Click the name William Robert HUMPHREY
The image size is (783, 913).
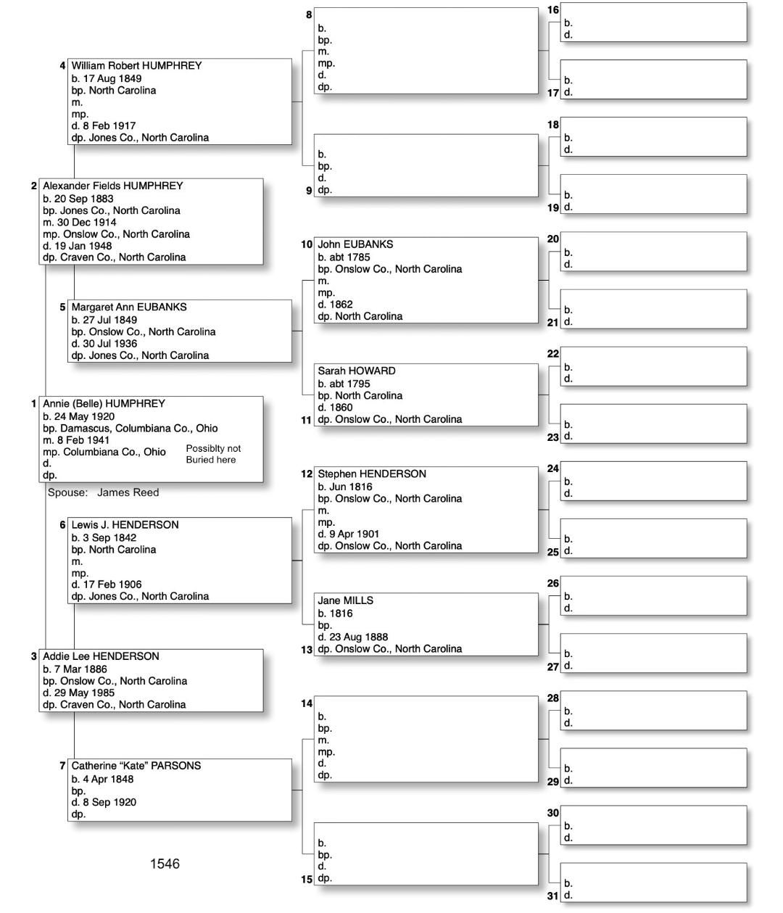[x=136, y=66]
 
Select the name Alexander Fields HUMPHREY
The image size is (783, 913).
[x=112, y=186]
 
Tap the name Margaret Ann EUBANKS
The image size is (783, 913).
[x=128, y=307]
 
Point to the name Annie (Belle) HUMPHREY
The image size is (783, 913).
[x=104, y=404]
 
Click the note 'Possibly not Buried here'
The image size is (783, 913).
[x=213, y=454]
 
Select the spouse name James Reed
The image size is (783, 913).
[x=128, y=492]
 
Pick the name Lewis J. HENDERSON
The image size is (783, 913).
[x=125, y=525]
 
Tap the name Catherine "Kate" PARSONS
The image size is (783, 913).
[x=136, y=766]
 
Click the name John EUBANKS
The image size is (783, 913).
[x=355, y=244]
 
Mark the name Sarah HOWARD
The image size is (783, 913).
[x=356, y=371]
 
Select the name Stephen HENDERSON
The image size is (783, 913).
[x=371, y=474]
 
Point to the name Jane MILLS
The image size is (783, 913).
[x=345, y=601]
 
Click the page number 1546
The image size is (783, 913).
[x=165, y=864]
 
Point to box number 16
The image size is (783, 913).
[x=553, y=10]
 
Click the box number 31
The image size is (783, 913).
[x=553, y=896]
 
